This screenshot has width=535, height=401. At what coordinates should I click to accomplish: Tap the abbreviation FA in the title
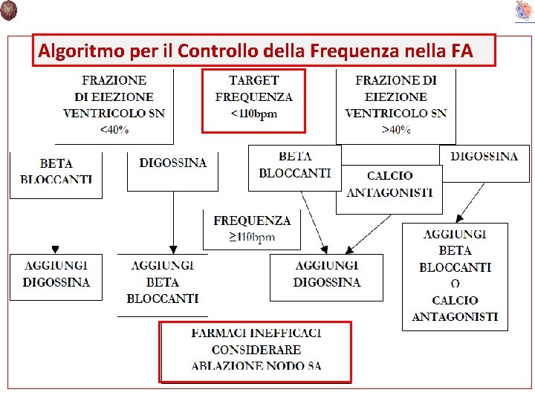coord(461,51)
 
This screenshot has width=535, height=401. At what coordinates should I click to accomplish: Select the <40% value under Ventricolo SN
coord(114,130)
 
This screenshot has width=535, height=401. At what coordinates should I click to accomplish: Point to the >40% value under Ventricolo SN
coord(395,130)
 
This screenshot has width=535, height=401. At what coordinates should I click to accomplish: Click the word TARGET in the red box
coord(254,80)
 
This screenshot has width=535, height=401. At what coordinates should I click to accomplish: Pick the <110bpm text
coord(254,114)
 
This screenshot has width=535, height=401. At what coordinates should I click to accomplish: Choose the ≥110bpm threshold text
coord(252,237)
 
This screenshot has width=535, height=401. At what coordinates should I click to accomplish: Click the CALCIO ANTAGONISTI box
coord(389,184)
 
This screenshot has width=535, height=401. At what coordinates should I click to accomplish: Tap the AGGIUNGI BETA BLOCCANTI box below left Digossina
coord(162,282)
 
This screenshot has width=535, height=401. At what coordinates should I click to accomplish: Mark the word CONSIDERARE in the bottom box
coord(256,349)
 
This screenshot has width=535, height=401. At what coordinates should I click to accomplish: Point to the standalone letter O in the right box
coord(455,284)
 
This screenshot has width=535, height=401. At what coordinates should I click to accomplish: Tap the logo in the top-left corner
coord(9,10)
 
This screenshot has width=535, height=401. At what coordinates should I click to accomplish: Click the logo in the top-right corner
coord(524,10)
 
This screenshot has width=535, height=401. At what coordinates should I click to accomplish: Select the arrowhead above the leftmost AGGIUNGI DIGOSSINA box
coord(55,250)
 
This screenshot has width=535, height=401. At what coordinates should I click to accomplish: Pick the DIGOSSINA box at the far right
coord(484,157)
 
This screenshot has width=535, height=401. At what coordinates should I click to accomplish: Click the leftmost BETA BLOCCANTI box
coord(56,172)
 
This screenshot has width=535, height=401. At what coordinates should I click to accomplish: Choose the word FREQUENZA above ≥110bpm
coord(252,221)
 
